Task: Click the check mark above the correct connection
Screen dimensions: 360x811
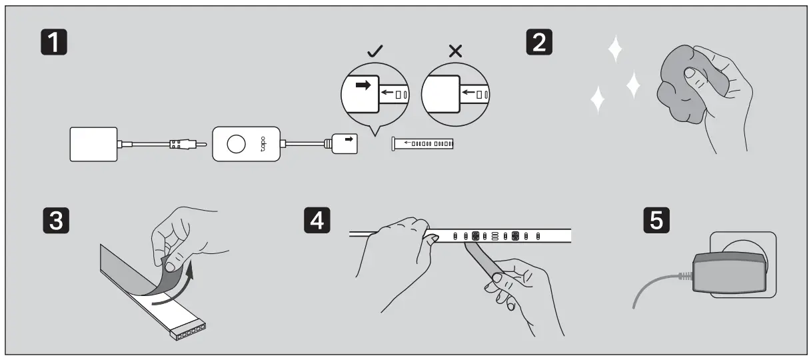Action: point(375,50)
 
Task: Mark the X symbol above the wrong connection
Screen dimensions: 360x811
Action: point(456,50)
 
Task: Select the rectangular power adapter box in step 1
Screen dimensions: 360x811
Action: point(93,144)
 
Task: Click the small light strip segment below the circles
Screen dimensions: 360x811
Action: point(424,143)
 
